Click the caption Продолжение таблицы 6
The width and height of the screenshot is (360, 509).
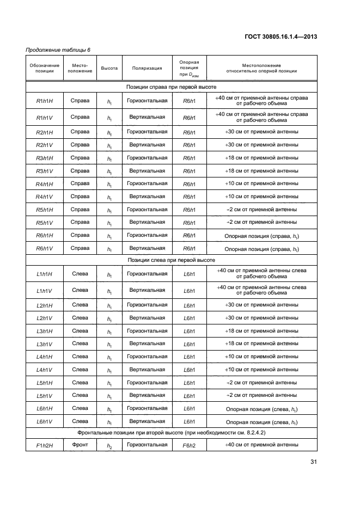tap(58, 51)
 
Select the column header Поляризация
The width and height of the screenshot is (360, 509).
tap(147, 69)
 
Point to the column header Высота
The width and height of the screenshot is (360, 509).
tap(109, 69)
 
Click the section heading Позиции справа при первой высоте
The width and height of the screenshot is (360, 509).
tap(172, 87)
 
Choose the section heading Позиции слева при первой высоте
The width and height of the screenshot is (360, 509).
tap(172, 260)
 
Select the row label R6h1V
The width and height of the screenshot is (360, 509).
tap(44, 249)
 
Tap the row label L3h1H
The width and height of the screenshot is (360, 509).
tap(44, 332)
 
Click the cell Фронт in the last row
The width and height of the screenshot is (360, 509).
tap(80, 445)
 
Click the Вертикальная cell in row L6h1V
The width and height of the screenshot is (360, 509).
tap(147, 421)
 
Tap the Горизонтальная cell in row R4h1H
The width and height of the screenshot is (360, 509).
tap(147, 183)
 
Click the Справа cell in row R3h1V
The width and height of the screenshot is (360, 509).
tap(80, 170)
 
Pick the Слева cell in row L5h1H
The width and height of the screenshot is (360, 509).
tap(80, 382)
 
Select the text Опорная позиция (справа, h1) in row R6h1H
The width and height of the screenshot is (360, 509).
tap(261, 236)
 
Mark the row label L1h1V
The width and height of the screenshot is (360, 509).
tap(44, 291)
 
